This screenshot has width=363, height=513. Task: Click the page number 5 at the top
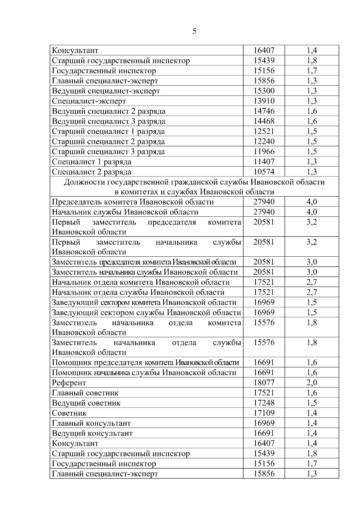(194, 31)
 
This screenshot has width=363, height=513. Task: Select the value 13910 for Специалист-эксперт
(264, 101)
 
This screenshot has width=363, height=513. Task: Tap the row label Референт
(69, 383)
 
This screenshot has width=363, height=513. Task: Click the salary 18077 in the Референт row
(264, 383)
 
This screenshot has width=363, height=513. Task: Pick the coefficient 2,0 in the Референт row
(312, 383)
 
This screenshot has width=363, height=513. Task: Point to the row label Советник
(69, 413)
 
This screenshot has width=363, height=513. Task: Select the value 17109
(264, 413)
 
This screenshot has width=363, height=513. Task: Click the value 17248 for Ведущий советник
(264, 403)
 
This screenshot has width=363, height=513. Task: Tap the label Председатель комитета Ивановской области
(133, 202)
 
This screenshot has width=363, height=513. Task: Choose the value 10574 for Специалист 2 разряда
(264, 172)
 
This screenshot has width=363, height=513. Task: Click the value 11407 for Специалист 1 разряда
(264, 162)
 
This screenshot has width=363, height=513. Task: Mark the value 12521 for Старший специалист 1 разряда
(264, 131)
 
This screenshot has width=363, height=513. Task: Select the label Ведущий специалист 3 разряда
(109, 122)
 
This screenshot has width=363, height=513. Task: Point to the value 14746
(264, 111)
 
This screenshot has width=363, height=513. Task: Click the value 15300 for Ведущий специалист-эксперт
(264, 91)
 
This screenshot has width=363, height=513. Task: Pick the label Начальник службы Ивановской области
(125, 212)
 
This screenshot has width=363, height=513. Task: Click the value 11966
(264, 152)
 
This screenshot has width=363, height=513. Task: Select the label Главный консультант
(91, 423)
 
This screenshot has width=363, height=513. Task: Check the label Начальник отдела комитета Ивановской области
(141, 283)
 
